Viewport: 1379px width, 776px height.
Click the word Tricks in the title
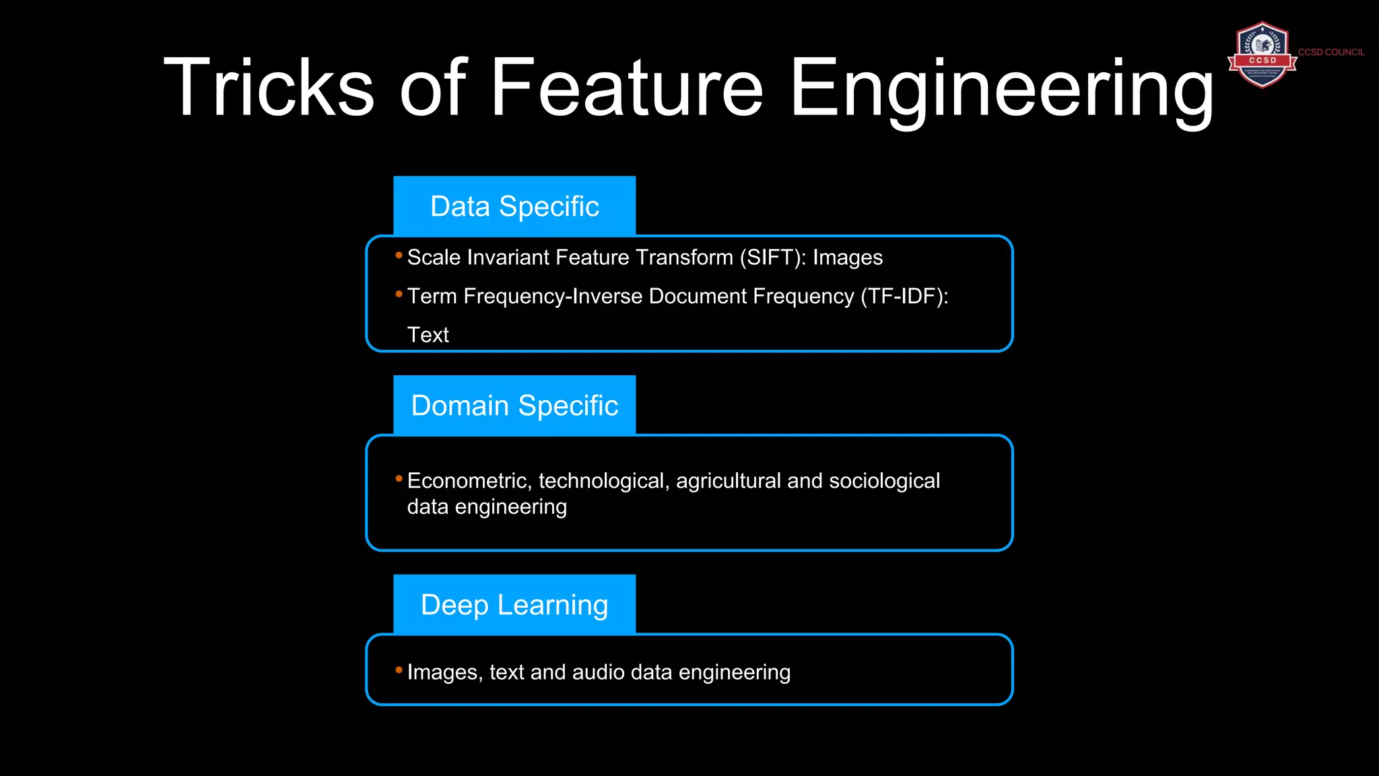[x=268, y=88]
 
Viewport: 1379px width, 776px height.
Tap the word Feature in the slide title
[x=626, y=88]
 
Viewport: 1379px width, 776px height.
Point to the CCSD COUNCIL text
[x=1331, y=52]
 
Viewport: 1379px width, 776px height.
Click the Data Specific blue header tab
[x=514, y=206]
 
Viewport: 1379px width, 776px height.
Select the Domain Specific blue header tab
[x=514, y=406]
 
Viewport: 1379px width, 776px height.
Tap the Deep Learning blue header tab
[x=514, y=605]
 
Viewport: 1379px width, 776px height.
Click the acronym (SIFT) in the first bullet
[x=772, y=258]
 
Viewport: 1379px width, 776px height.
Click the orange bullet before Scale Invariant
[x=399, y=255]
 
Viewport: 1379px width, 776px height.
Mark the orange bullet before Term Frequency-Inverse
[x=399, y=294]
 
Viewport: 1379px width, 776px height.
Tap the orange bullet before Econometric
[x=399, y=478]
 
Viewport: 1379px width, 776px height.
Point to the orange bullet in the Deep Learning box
[x=399, y=670]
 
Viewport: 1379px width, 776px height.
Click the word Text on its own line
[x=428, y=335]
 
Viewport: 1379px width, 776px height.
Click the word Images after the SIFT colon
[x=847, y=258]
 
